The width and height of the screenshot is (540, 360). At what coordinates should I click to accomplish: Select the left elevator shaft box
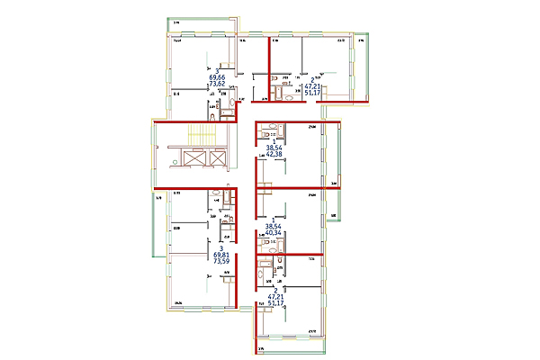point(195,158)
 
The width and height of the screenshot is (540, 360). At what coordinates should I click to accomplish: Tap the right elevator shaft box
point(217,158)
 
